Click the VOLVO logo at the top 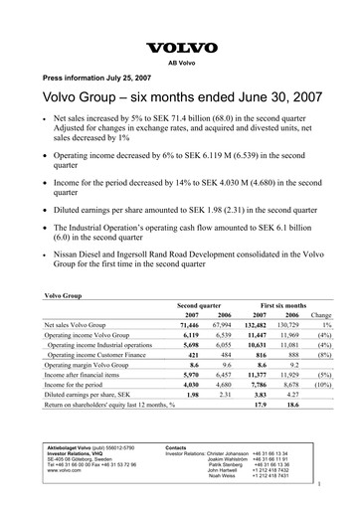click(x=179, y=47)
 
